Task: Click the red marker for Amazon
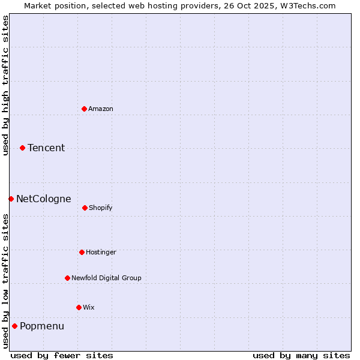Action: (84, 109)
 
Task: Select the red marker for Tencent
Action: (22, 148)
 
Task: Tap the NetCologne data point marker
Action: (11, 199)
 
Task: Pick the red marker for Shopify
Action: (85, 208)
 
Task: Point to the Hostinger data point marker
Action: (82, 252)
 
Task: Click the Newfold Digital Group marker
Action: (67, 278)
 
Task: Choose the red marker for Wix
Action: (79, 307)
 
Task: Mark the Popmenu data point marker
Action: (14, 326)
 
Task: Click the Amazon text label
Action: (101, 109)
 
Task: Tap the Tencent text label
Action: (46, 148)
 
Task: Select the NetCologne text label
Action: (44, 199)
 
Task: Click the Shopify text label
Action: (101, 208)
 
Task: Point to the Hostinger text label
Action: (101, 252)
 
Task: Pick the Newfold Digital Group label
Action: (106, 278)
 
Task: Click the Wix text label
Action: (89, 307)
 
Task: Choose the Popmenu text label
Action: (42, 326)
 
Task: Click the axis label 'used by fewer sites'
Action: (62, 355)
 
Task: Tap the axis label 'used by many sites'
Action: (301, 355)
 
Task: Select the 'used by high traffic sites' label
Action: (5, 85)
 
